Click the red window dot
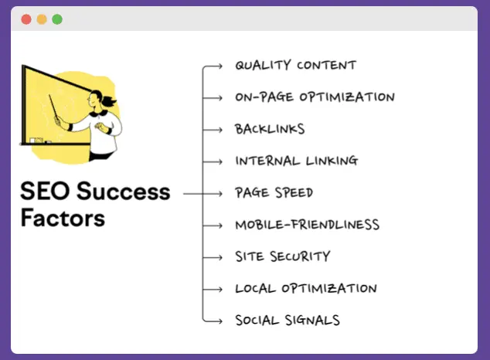point(26,19)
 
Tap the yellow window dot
point(42,19)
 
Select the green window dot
point(57,19)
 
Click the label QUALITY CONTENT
point(295,66)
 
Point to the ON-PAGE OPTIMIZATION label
point(315,97)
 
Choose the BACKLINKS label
point(270,129)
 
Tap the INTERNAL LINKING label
point(296,161)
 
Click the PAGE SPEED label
point(274,192)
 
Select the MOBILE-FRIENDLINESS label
point(307,225)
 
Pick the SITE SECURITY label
point(282,256)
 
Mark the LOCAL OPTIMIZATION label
point(305,289)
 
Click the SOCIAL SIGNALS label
point(288,320)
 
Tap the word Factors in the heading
point(63,217)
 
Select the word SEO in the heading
point(43,191)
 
